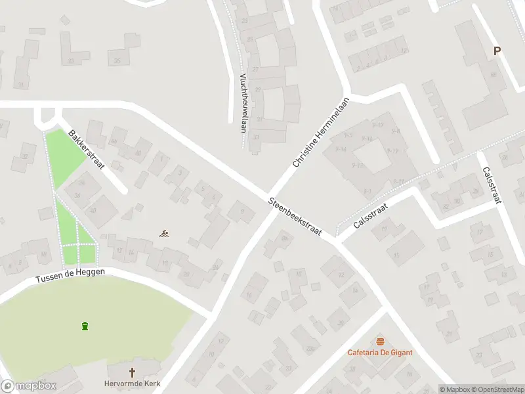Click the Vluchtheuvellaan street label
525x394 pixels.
(243, 102)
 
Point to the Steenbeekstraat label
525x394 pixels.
(295, 216)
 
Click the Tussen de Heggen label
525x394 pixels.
(70, 276)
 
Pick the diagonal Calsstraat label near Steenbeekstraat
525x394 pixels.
(370, 216)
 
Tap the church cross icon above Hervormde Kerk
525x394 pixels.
(133, 372)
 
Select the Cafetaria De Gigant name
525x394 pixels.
(380, 352)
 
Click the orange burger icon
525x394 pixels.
(380, 341)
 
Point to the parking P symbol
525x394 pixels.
(497, 51)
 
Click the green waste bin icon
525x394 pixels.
(85, 326)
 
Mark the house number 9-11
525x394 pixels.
(398, 181)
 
